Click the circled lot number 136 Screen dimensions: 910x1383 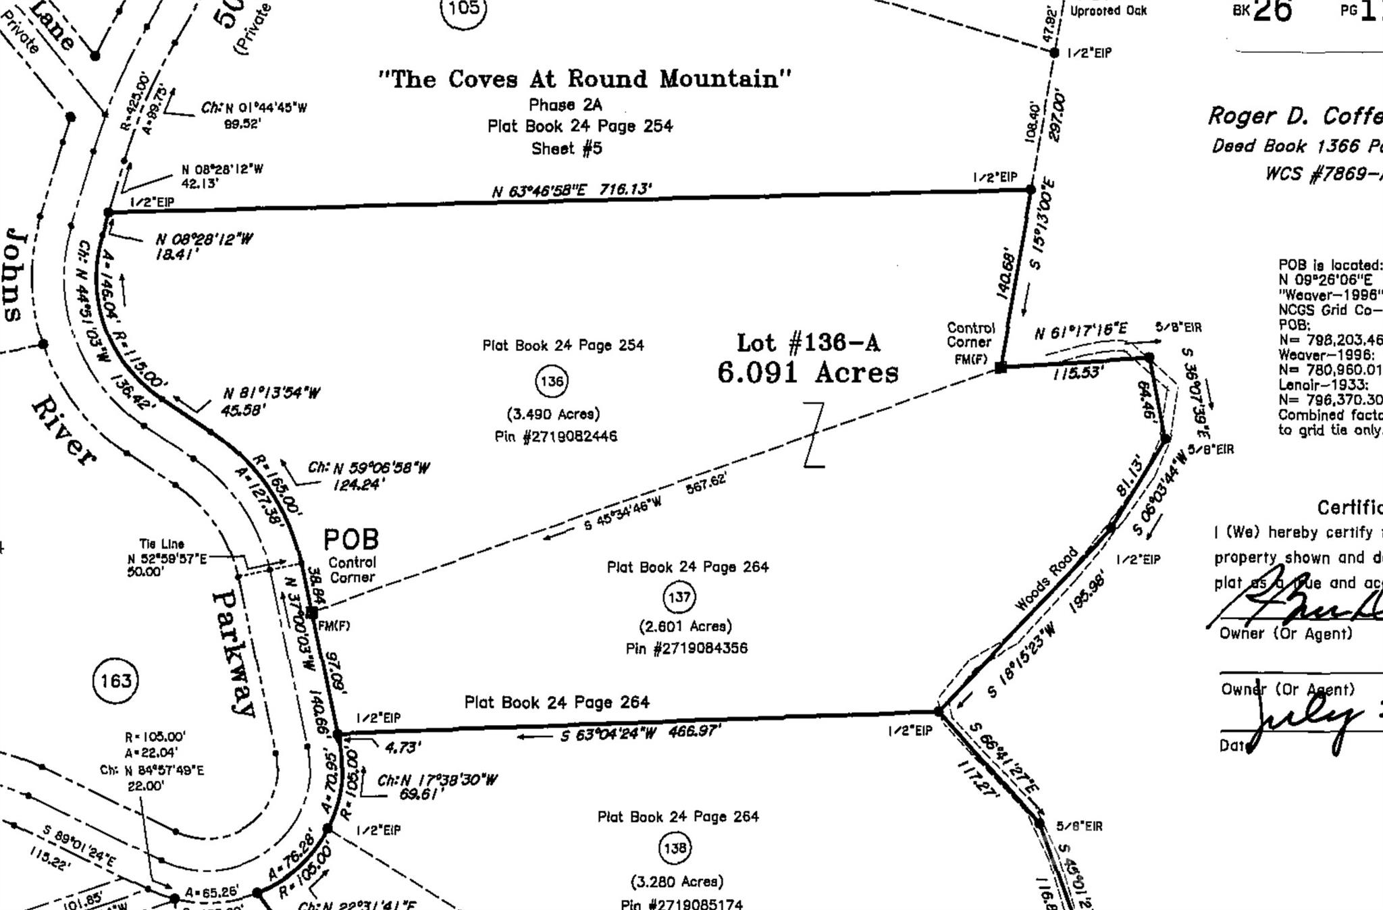tap(552, 381)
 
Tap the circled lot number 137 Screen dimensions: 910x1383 tap(679, 597)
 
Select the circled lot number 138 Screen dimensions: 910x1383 tap(675, 848)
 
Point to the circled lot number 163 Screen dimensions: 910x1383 tap(115, 680)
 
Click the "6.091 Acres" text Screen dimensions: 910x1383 tap(808, 372)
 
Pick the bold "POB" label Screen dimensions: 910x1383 tap(351, 539)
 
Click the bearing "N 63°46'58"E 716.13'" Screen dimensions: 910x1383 tap(572, 190)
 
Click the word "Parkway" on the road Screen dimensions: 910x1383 tap(234, 653)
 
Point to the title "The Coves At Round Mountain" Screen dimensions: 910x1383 tap(585, 79)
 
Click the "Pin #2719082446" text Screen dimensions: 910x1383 tap(556, 436)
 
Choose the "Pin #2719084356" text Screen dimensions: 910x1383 tap(686, 648)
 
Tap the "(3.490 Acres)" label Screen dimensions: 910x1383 tap(553, 414)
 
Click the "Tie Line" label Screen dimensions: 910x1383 tap(161, 543)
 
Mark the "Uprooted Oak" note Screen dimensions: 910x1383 tap(1108, 11)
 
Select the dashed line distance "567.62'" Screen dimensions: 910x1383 tap(706, 483)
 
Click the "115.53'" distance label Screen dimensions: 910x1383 tap(1078, 373)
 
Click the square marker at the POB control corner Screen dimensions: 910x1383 tap(312, 612)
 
